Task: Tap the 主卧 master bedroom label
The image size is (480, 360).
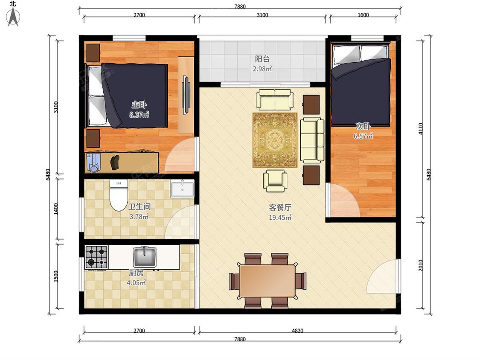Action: point(139,105)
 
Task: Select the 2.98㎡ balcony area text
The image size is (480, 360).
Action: point(262,69)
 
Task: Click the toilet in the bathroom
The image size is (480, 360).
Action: point(119,195)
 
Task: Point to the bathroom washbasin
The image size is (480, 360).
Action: point(182,189)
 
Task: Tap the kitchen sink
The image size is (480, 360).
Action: point(145,256)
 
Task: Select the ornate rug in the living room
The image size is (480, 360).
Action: point(275,140)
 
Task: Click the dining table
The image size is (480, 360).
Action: point(267,281)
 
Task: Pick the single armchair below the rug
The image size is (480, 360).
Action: point(275,180)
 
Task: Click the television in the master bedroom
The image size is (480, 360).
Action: point(186,95)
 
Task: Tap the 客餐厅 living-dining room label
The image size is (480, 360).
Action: point(280,208)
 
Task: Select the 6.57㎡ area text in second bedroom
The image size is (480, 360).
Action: point(363,136)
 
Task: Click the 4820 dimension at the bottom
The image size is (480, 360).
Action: point(297,331)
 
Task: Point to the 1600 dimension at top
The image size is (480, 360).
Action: point(363,15)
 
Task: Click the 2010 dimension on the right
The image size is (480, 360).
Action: point(421,265)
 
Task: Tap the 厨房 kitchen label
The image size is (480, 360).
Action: point(136,273)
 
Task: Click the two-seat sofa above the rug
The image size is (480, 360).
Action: point(275,99)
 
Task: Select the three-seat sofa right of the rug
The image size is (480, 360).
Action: point(312,140)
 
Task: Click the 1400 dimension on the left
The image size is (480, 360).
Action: point(56,209)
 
